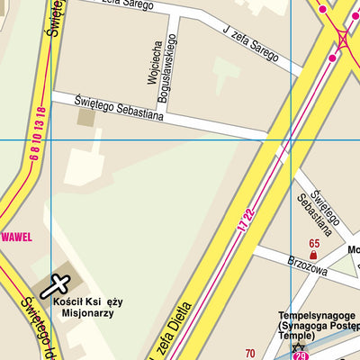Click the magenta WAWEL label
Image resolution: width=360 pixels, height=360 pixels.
click(x=16, y=237)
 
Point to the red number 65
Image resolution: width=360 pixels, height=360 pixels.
click(x=314, y=244)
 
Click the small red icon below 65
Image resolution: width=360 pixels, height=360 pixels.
click(x=314, y=256)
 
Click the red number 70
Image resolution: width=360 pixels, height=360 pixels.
click(x=250, y=354)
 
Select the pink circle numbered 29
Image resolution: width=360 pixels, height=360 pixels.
click(x=300, y=357)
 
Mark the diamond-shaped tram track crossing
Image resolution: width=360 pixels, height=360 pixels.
click(x=342, y=37)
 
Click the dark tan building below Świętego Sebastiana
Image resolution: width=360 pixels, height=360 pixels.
click(x=86, y=117)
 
